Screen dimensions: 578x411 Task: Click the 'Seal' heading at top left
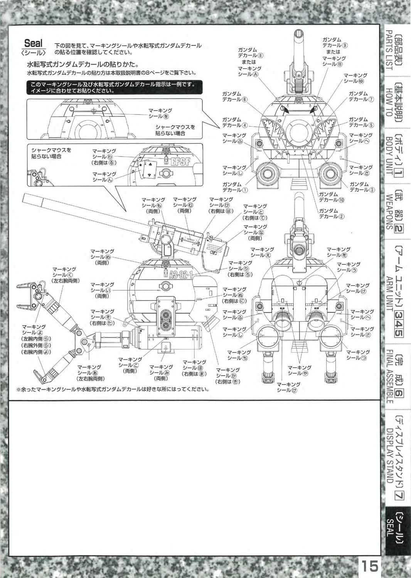pos(34,43)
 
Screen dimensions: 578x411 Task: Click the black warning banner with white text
pos(115,87)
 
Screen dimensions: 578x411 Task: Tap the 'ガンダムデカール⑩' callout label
pos(328,197)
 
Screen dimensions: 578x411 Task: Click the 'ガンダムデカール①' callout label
pos(235,187)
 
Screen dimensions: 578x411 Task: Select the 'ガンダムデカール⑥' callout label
pos(234,96)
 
